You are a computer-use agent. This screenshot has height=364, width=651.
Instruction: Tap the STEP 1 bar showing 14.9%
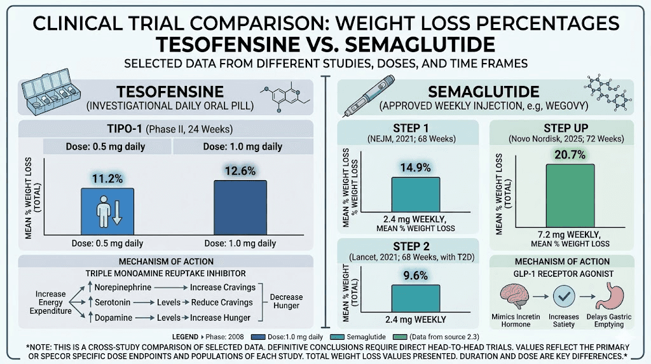point(415,196)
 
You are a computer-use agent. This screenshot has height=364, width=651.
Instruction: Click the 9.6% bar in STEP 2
point(415,298)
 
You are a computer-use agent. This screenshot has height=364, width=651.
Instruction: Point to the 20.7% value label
point(570,151)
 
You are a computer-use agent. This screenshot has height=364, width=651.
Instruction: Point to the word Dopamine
point(114,317)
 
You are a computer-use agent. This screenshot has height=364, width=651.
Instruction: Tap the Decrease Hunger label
point(287,302)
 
